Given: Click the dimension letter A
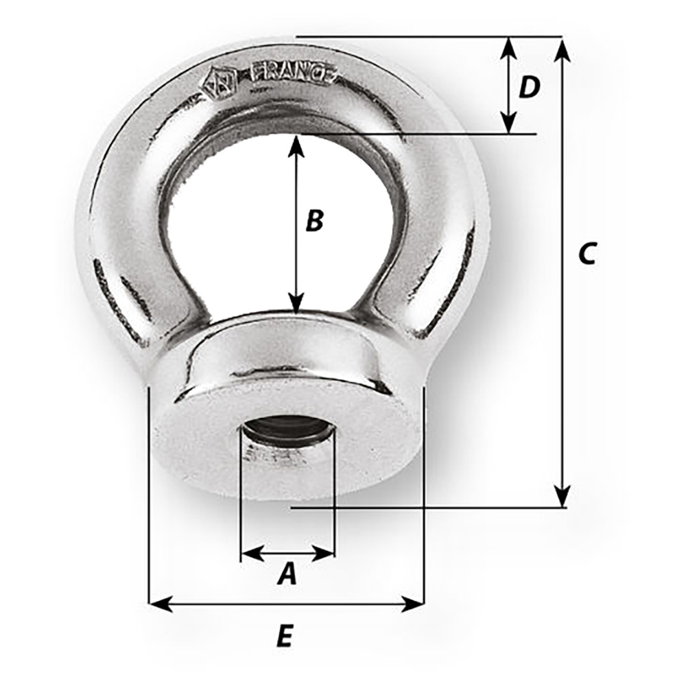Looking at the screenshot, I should tap(287, 573).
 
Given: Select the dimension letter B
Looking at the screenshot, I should tap(314, 221).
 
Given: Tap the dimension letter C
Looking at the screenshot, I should tap(587, 253).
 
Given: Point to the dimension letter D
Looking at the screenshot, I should tap(529, 87).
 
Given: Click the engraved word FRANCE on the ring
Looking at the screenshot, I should tap(295, 73).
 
